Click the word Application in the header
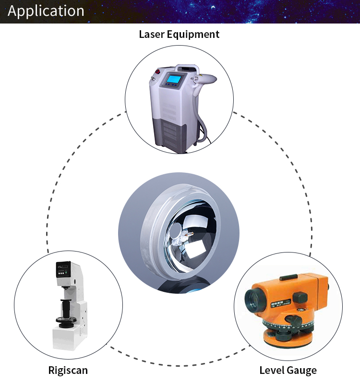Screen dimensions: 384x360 click(46, 11)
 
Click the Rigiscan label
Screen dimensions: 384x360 click(68, 370)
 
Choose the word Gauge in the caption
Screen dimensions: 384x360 click(302, 370)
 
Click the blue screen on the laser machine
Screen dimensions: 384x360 click(173, 79)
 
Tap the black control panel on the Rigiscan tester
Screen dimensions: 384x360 click(63, 271)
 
